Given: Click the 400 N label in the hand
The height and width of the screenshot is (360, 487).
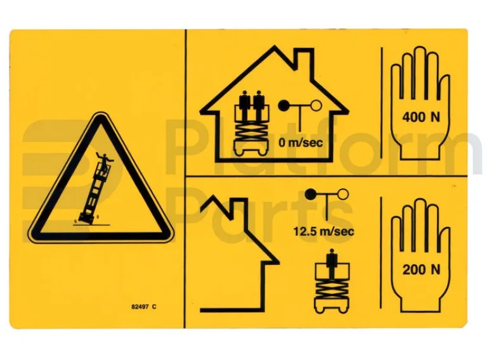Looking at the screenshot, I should (421, 117).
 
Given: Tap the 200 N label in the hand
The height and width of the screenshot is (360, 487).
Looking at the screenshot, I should (421, 269).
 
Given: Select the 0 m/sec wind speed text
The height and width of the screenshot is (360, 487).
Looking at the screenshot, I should (301, 143).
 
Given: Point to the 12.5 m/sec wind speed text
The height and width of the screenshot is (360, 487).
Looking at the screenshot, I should (323, 231).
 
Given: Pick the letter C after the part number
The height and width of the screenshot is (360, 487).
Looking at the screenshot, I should (153, 307).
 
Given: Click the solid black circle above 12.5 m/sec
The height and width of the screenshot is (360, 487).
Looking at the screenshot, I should (311, 195).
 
